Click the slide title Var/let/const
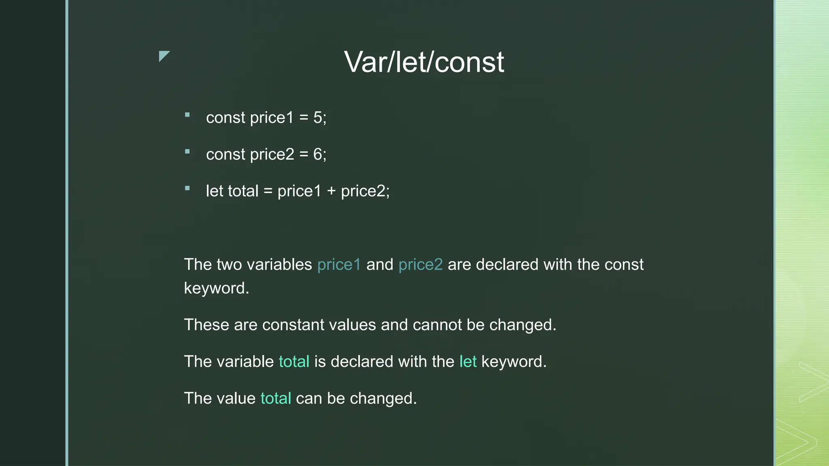click(424, 62)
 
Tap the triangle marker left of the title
click(163, 56)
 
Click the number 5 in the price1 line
click(317, 118)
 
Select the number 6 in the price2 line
click(317, 155)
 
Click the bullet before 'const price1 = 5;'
click(187, 115)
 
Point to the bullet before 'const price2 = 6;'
click(187, 152)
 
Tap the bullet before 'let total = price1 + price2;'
click(187, 188)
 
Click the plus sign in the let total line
click(331, 191)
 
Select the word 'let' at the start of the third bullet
click(215, 191)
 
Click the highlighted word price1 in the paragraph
click(339, 265)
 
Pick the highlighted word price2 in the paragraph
click(421, 265)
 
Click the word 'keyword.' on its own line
click(217, 288)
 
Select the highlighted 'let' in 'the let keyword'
click(468, 362)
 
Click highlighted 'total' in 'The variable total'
click(294, 362)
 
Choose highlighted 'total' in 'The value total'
click(276, 398)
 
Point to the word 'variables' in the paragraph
click(279, 265)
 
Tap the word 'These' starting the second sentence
click(206, 325)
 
